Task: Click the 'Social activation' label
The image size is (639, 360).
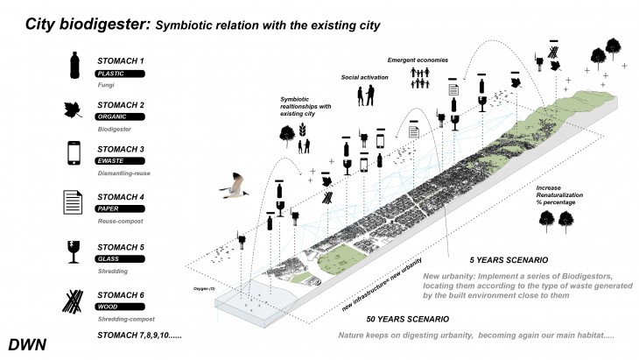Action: [363, 77]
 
